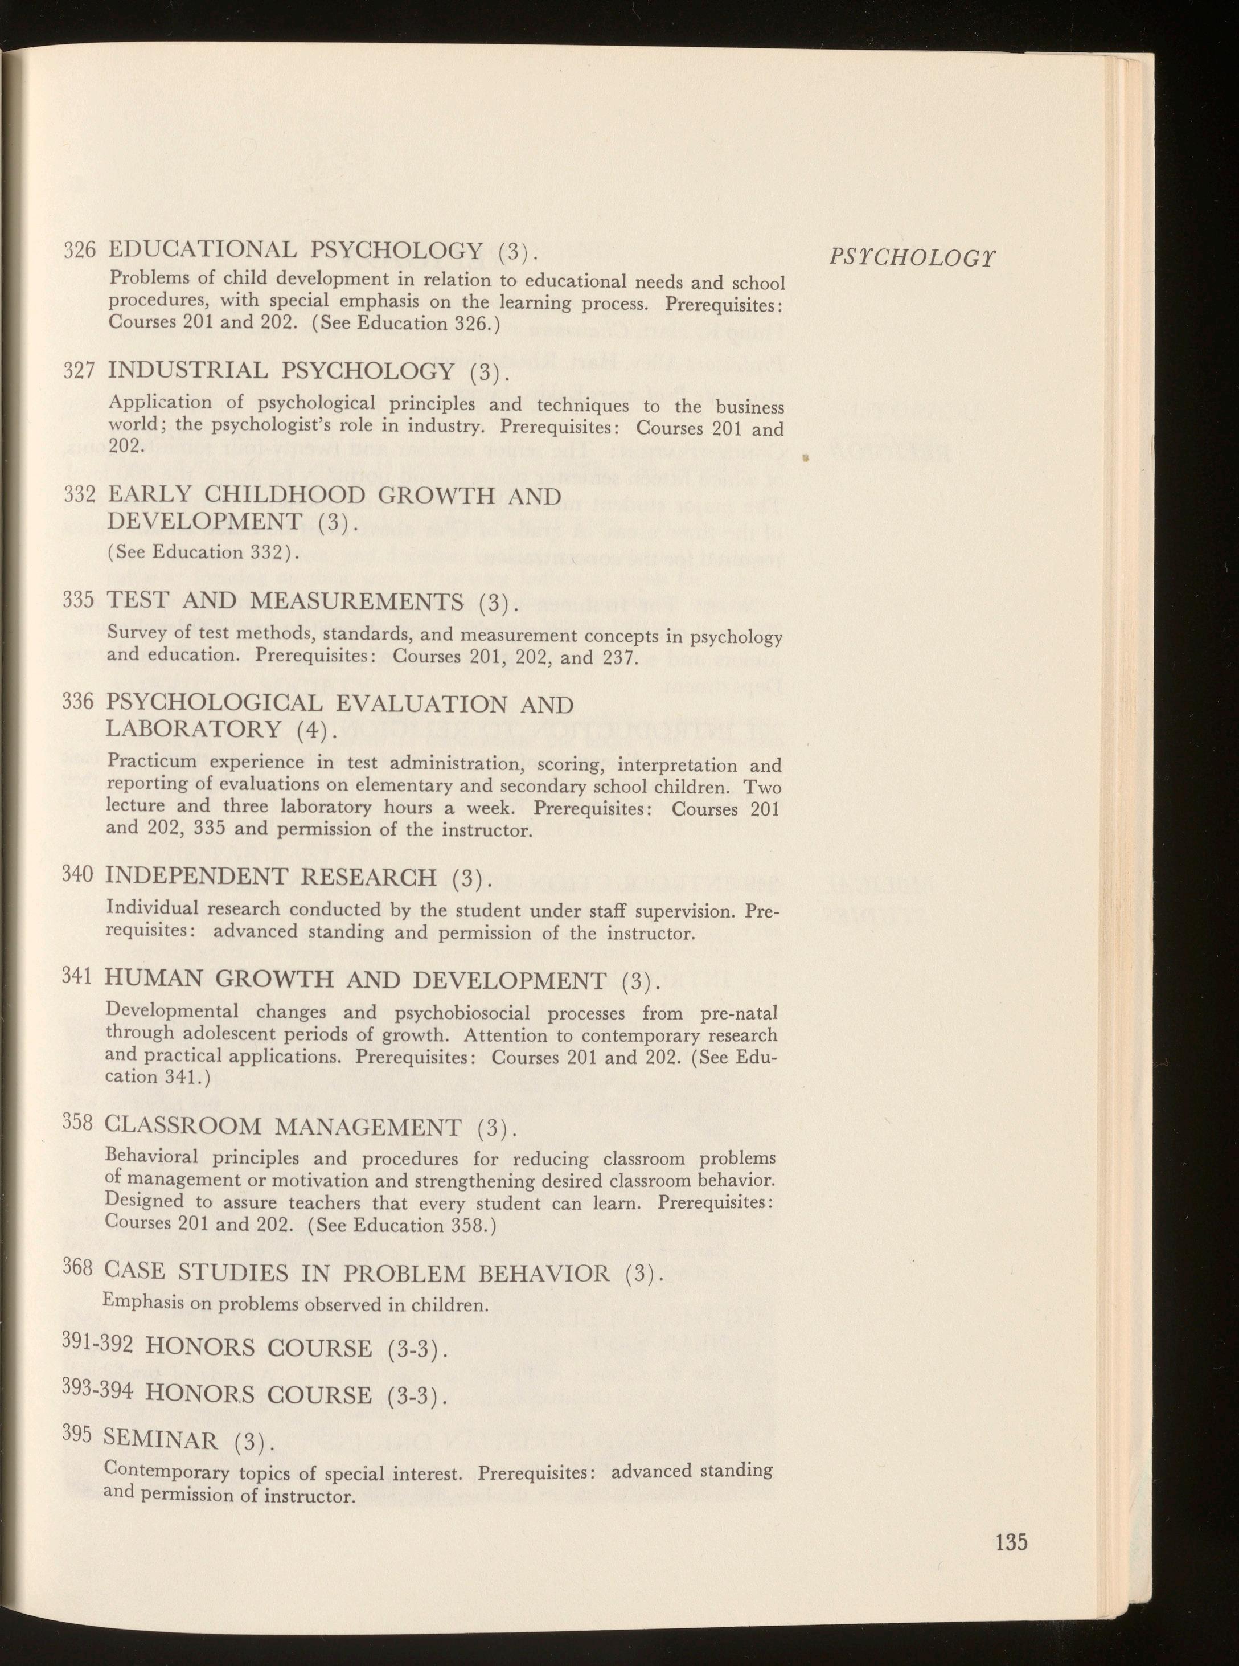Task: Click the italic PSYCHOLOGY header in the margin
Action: pos(913,257)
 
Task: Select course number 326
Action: pos(79,250)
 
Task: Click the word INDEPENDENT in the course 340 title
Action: pos(195,876)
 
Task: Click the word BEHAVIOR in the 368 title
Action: pos(544,1274)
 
